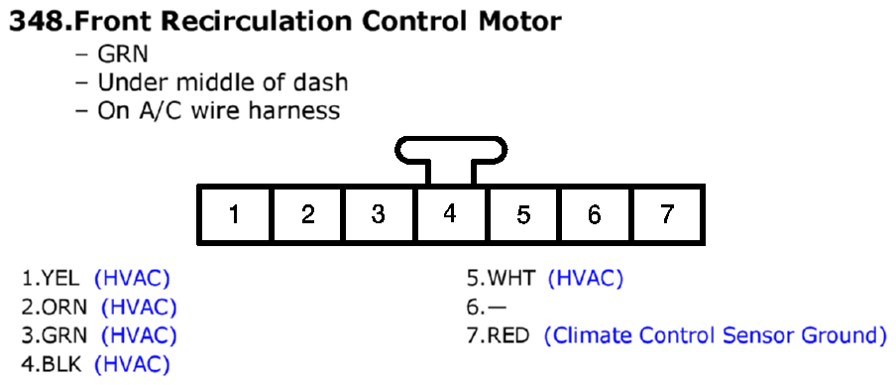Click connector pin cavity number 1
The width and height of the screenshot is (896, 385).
234,214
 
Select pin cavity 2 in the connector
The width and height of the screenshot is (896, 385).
307,214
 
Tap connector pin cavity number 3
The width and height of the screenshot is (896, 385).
379,214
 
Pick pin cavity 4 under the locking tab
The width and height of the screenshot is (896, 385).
450,214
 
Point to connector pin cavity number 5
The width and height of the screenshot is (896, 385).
523,214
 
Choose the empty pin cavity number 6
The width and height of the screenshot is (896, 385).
594,214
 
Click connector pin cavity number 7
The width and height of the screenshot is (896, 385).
666,214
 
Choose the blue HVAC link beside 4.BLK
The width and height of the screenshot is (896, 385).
132,363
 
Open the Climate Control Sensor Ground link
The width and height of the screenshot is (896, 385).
715,335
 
